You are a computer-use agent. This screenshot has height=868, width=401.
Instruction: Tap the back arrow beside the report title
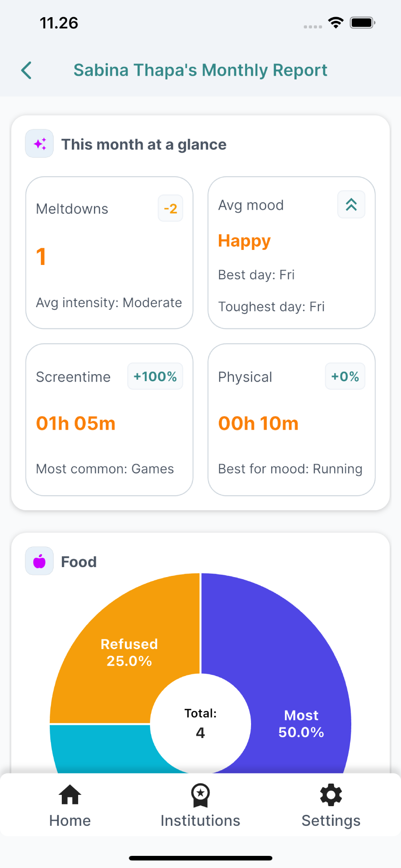[27, 70]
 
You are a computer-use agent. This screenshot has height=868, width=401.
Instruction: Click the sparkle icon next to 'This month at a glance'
[40, 144]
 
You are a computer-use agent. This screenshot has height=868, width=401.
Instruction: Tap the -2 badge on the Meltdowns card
[170, 208]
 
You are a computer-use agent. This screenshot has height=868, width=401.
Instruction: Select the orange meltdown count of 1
[41, 257]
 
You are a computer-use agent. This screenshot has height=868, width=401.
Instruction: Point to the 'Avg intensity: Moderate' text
[109, 303]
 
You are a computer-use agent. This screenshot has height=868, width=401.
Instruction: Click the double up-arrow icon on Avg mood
[351, 205]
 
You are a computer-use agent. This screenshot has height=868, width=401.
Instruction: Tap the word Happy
[244, 241]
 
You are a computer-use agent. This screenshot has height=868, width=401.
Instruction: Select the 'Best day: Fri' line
[256, 275]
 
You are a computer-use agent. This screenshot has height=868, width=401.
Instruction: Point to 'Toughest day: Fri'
[272, 307]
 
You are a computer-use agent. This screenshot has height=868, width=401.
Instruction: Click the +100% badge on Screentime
[155, 377]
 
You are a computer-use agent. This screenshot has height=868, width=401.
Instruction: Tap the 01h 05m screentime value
[76, 423]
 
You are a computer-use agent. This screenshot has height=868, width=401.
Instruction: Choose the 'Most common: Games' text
[105, 469]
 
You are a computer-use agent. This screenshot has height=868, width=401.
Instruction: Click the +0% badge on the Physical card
[345, 377]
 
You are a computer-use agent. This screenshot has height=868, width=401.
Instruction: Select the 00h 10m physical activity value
[258, 423]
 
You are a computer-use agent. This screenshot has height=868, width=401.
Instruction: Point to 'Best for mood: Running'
[290, 469]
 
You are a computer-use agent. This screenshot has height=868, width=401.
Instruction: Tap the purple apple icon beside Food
[40, 561]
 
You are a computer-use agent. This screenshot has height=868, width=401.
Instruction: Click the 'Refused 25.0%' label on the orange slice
[129, 652]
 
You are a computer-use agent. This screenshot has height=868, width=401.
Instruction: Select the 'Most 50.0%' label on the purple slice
[301, 724]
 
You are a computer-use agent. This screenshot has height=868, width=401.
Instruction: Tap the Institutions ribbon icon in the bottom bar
[200, 795]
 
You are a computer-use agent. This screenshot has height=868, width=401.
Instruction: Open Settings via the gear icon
[331, 795]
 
